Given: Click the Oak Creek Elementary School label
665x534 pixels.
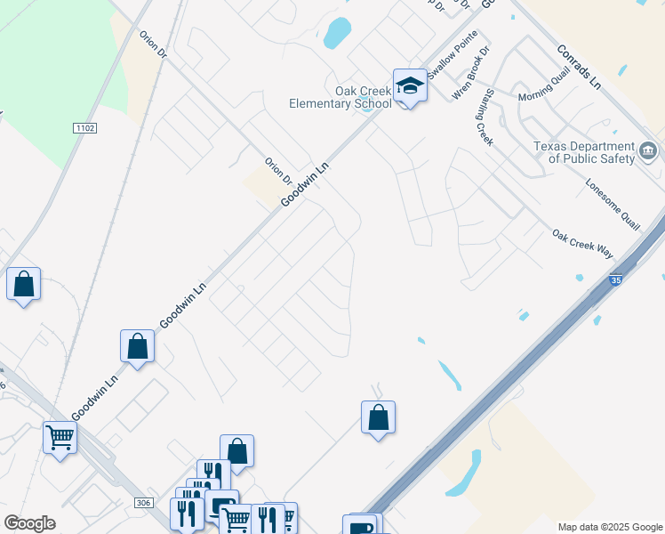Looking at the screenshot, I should pyautogui.click(x=340, y=97).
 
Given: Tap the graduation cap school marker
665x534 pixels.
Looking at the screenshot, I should pyautogui.click(x=409, y=85).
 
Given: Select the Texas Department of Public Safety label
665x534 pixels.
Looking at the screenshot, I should pyautogui.click(x=584, y=152).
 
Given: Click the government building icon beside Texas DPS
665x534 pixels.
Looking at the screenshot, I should pyautogui.click(x=648, y=150).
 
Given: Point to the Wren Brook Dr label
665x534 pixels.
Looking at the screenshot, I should pyautogui.click(x=471, y=72).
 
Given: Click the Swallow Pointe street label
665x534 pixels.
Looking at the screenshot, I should pyautogui.click(x=453, y=60).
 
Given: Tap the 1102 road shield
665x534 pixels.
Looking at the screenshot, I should pyautogui.click(x=84, y=128).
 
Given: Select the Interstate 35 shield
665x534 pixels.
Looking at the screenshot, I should pyautogui.click(x=616, y=281).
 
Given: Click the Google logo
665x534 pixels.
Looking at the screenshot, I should pyautogui.click(x=30, y=523).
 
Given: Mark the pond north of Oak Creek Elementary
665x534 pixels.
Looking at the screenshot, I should pyautogui.click(x=338, y=33).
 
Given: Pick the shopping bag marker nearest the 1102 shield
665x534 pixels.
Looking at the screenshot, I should pyautogui.click(x=24, y=285).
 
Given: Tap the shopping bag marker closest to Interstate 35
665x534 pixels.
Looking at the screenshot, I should pyautogui.click(x=378, y=417).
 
